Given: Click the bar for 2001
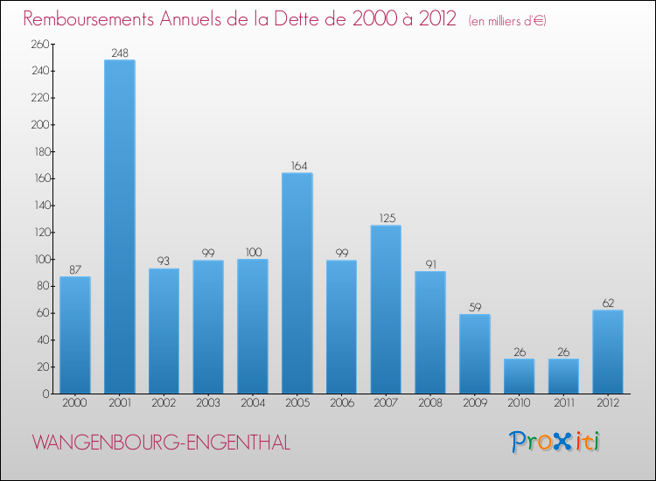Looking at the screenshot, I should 120,227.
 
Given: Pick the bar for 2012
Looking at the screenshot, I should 608,352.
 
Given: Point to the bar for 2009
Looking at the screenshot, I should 475,353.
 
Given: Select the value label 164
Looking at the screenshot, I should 297,165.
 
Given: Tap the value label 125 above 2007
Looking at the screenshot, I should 386,218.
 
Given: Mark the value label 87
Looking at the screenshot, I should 75,269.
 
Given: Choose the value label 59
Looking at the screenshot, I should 475,307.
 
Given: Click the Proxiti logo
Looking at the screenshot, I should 555,442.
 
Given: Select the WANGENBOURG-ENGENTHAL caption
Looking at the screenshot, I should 161,443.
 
